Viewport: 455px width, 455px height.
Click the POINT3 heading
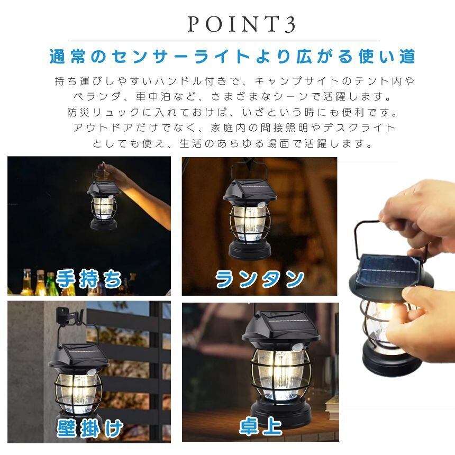click(x=241, y=24)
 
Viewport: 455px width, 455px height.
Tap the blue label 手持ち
click(x=89, y=278)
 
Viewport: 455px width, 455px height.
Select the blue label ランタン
click(x=260, y=279)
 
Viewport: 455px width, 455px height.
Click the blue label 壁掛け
click(x=90, y=429)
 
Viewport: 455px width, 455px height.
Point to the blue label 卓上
click(x=260, y=426)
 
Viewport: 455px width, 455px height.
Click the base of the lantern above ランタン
click(x=250, y=250)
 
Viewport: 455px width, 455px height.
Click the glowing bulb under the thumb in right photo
click(x=387, y=307)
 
